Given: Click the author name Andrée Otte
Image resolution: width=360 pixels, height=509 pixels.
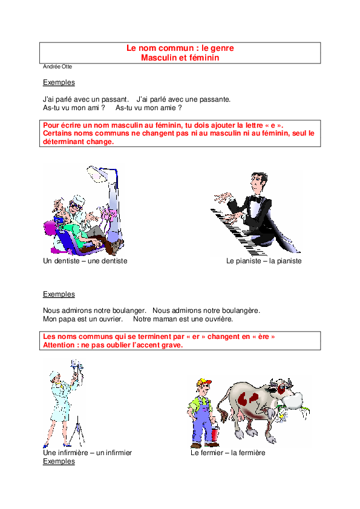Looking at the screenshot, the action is coord(57,67).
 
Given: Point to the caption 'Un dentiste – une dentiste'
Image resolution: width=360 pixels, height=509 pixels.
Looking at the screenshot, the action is coord(85,261).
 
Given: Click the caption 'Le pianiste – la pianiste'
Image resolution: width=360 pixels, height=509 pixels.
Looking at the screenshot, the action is coord(264,261).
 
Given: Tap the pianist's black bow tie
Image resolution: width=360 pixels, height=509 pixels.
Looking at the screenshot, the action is coord(257,199).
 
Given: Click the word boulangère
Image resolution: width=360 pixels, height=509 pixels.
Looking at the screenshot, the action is coord(243,310).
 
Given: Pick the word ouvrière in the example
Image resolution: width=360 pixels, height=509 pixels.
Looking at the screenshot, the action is coord(220,319).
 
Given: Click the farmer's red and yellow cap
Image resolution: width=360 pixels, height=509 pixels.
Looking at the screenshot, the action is coord(204,382).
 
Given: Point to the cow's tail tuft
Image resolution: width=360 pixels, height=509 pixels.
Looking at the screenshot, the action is coord(223,416).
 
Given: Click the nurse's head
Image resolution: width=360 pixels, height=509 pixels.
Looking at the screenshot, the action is coord(54,377).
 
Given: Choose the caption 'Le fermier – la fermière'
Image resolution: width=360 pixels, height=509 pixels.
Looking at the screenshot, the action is coord(228,453).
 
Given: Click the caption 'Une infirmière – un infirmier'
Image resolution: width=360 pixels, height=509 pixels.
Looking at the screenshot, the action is coord(87,453).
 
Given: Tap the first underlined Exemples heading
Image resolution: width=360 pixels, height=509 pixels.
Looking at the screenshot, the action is coord(59,82).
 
